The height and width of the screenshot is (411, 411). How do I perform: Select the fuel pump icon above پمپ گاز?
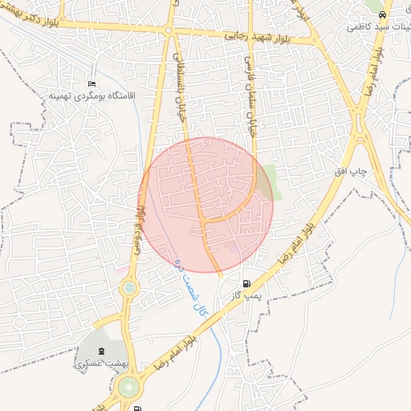(246, 283)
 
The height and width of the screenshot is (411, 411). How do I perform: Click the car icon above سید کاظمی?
(383, 14)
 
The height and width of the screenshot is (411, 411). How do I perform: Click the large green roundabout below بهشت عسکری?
(128, 389)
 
